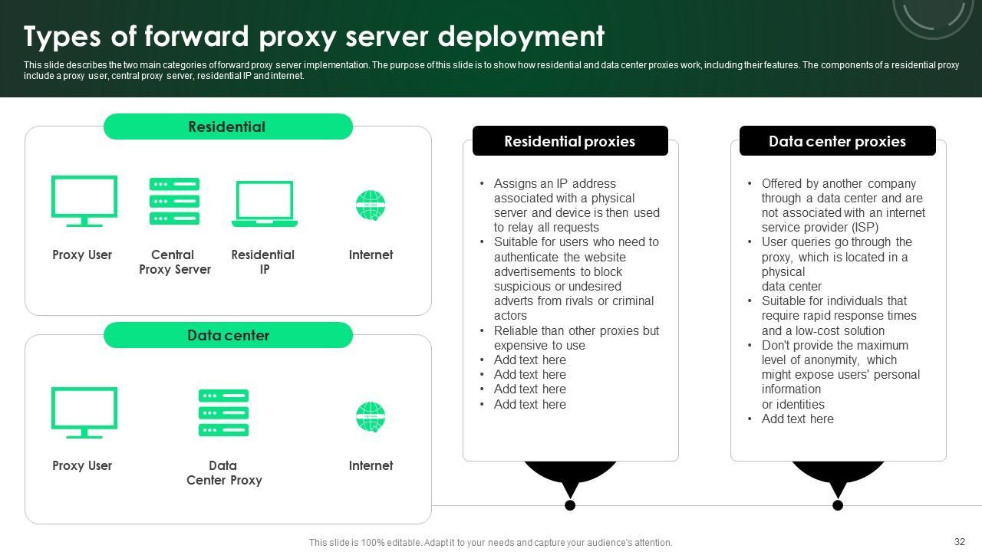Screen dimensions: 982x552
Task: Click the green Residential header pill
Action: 228,127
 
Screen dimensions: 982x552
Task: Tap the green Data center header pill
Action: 228,335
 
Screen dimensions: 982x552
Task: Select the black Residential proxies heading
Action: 570,140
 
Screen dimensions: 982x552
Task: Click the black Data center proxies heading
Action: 837,140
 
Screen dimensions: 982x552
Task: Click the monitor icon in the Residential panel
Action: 84,201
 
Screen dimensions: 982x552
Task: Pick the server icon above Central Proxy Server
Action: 174,201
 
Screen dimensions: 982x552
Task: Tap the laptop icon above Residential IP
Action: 265,204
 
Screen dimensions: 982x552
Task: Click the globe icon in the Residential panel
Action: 371,205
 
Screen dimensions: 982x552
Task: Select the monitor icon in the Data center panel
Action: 84,412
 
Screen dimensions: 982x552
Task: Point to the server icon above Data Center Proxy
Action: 223,412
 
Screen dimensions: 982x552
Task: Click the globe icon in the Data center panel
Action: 371,416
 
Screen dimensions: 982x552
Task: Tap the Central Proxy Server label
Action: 174,262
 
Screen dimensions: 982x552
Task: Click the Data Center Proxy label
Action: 224,473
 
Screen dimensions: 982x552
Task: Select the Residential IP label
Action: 263,262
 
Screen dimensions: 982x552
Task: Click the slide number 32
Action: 960,541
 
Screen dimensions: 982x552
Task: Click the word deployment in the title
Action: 521,37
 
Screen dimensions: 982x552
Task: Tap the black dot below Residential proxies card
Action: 570,505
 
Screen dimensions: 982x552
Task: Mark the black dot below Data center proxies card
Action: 838,505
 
